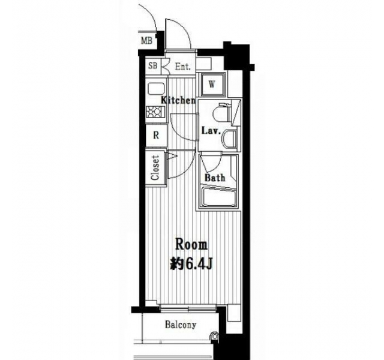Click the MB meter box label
[146, 41]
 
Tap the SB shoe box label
[153, 65]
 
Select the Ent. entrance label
[182, 67]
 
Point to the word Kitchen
[178, 100]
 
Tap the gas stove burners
[155, 112]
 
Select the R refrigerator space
[156, 135]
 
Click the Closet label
[155, 168]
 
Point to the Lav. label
[211, 131]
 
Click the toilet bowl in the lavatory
[221, 113]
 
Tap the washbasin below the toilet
[230, 140]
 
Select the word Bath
[215, 178]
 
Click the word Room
[191, 245]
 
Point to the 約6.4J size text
[191, 264]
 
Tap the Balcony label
[181, 325]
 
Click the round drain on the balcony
[215, 336]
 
